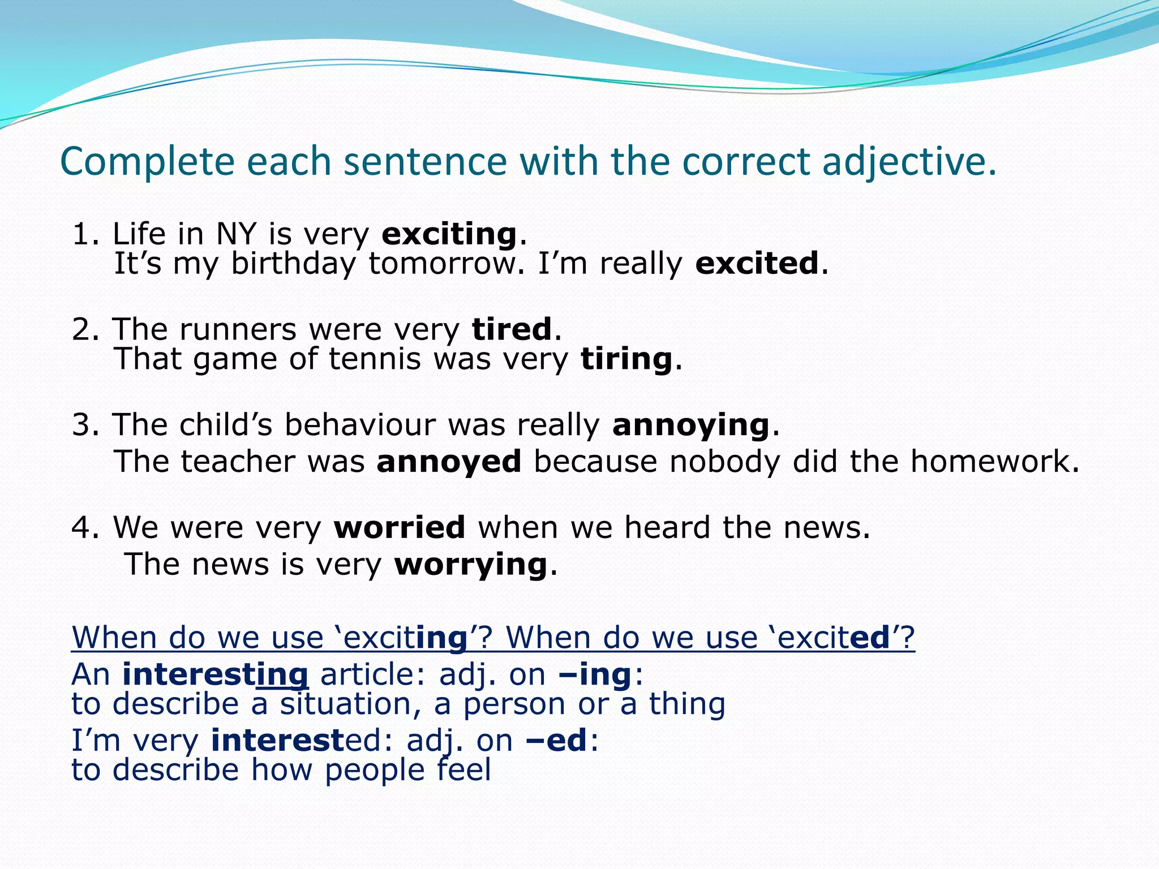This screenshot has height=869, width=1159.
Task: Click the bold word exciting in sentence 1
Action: click(x=449, y=234)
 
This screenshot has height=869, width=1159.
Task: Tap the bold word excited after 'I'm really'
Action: click(x=757, y=264)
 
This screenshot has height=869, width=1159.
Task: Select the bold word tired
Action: click(x=512, y=329)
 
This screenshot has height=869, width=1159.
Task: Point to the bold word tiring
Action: click(x=626, y=359)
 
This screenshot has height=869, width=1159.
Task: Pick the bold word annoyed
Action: click(x=449, y=461)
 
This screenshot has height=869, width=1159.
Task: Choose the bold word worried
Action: click(x=400, y=527)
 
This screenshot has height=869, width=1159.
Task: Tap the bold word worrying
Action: click(x=471, y=565)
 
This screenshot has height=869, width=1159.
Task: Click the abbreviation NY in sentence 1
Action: click(x=236, y=234)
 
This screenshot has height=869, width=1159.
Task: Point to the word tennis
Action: click(x=375, y=359)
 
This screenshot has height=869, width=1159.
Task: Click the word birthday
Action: click(x=293, y=264)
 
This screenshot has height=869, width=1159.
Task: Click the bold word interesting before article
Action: click(x=215, y=674)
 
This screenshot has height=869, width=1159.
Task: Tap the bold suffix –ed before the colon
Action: click(x=556, y=741)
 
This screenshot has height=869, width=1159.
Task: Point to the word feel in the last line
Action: click(x=463, y=770)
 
